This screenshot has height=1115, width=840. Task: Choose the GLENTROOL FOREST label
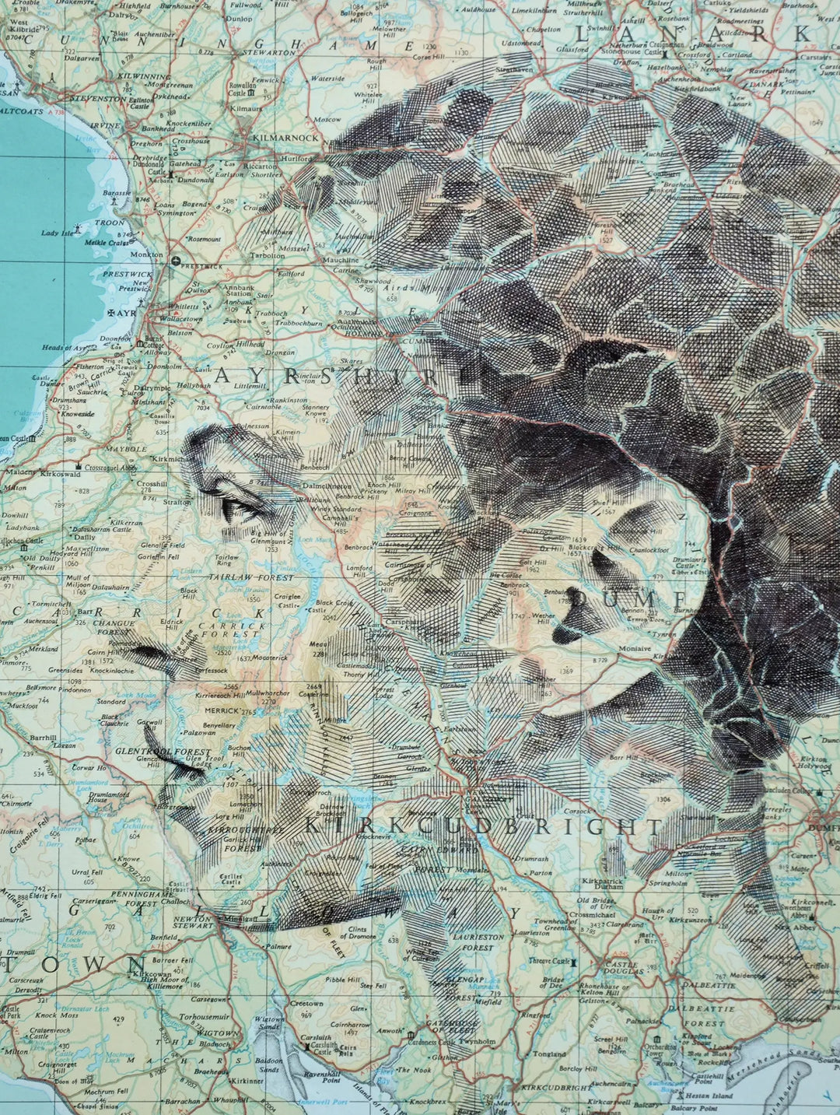[163, 752]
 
